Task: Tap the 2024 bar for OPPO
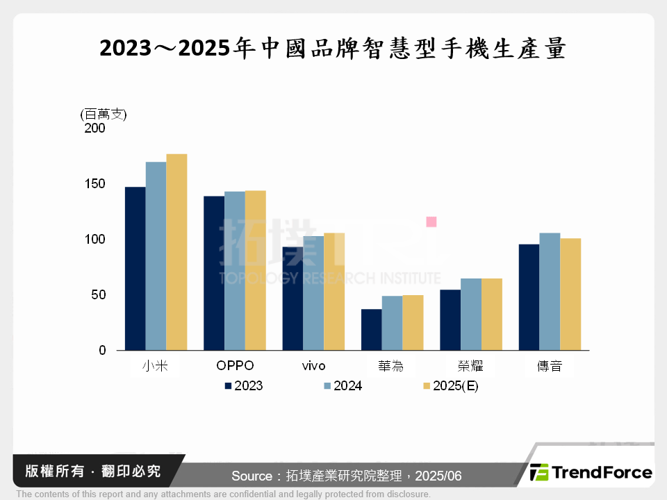(234, 271)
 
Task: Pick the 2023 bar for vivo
(293, 299)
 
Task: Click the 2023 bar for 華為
(371, 329)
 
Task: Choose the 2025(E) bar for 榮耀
(491, 314)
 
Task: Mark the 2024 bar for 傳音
(550, 292)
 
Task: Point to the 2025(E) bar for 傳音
(570, 294)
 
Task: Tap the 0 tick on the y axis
(102, 351)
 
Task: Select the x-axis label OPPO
(235, 366)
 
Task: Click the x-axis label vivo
(313, 366)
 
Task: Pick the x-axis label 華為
(392, 366)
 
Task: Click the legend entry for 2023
(243, 386)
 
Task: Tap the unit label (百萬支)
(104, 115)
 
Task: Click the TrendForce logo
(591, 473)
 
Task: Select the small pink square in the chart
(431, 222)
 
